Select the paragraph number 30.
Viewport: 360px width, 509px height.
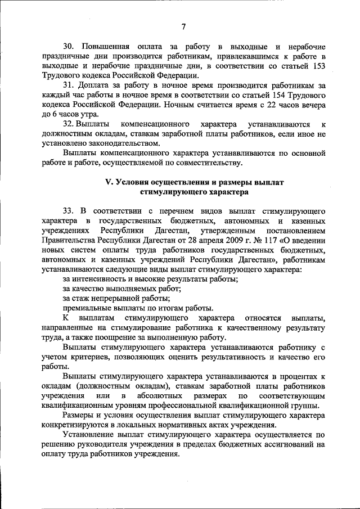tap(68, 46)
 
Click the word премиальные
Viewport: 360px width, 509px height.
tap(86, 308)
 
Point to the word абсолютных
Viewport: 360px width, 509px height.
tap(168, 397)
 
